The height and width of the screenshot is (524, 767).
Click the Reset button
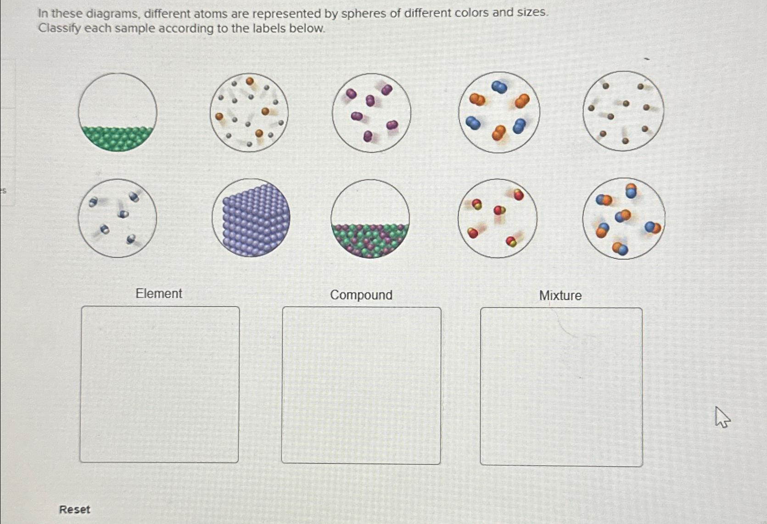[x=74, y=509]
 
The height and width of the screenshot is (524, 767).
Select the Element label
[x=159, y=294]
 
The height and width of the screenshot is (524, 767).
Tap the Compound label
[x=361, y=295]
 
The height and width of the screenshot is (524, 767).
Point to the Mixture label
[x=560, y=295]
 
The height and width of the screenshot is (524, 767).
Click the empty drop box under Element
[x=159, y=385]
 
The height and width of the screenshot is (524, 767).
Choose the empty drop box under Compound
[x=361, y=385]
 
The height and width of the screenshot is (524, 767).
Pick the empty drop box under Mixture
[x=561, y=387]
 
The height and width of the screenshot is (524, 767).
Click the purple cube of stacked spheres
[x=251, y=218]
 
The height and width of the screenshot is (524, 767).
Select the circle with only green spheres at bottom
[x=118, y=112]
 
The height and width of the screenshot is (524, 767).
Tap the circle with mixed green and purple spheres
[x=370, y=219]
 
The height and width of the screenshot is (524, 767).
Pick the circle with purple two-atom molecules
[x=371, y=113]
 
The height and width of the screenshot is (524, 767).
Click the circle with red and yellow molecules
[x=498, y=218]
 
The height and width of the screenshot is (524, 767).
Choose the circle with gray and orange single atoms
[x=249, y=112]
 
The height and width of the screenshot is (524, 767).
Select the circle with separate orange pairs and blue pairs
[x=499, y=112]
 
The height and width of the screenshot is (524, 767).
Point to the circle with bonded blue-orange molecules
[x=623, y=218]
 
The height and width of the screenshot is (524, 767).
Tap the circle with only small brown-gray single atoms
[x=623, y=111]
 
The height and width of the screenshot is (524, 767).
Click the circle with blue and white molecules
[x=118, y=218]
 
